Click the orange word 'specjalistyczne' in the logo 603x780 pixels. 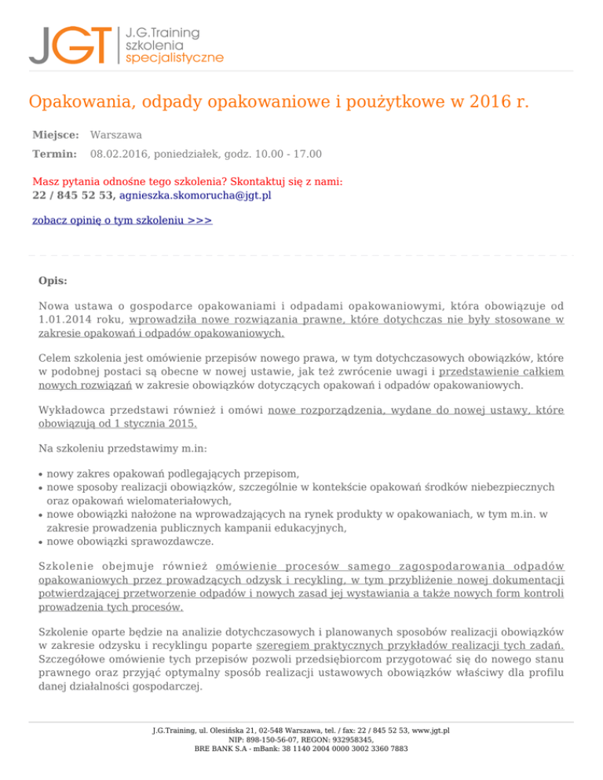click(x=174, y=58)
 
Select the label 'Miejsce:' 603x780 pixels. click(x=54, y=135)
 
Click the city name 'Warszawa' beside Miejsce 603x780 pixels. click(x=116, y=135)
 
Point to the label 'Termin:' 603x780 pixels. click(x=54, y=154)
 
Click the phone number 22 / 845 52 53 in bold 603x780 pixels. click(x=74, y=195)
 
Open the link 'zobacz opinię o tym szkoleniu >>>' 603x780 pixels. click(x=122, y=221)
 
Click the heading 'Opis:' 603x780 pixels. click(x=53, y=280)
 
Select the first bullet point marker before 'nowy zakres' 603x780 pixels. click(x=40, y=475)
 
